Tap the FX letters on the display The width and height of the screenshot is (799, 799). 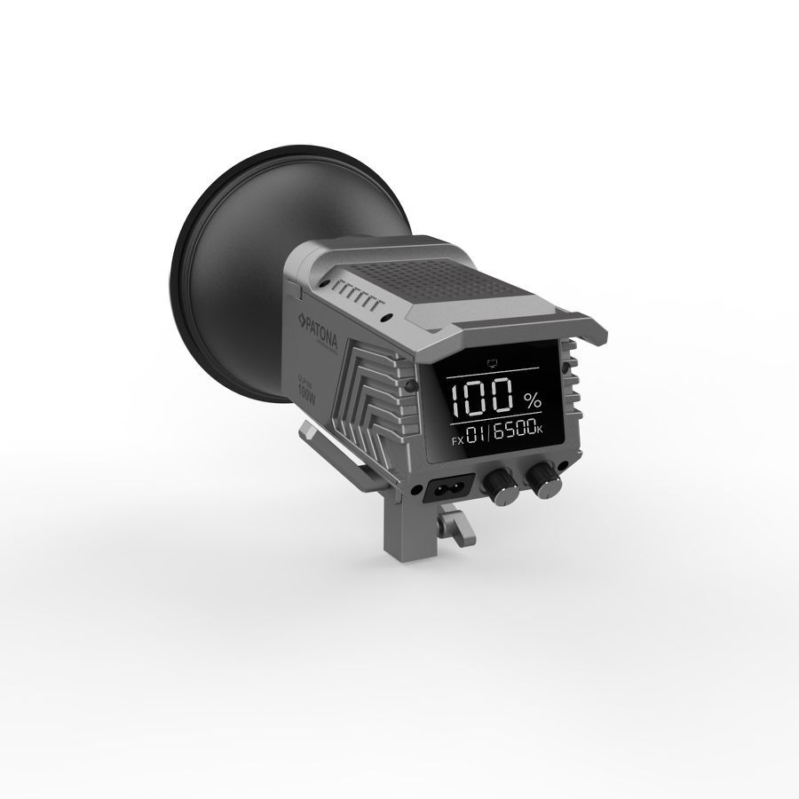tap(456, 439)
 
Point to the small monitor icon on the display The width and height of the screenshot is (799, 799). tap(494, 361)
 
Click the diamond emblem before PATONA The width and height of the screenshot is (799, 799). tap(301, 317)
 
